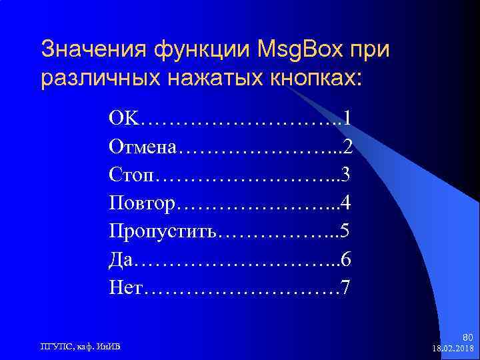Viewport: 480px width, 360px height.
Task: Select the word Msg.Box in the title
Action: click(303, 49)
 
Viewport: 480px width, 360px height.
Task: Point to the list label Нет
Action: click(127, 289)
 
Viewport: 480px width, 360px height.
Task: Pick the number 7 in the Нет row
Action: click(345, 289)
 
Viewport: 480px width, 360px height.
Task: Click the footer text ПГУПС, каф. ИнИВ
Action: click(77, 345)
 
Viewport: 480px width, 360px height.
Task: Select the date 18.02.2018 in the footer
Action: click(453, 349)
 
